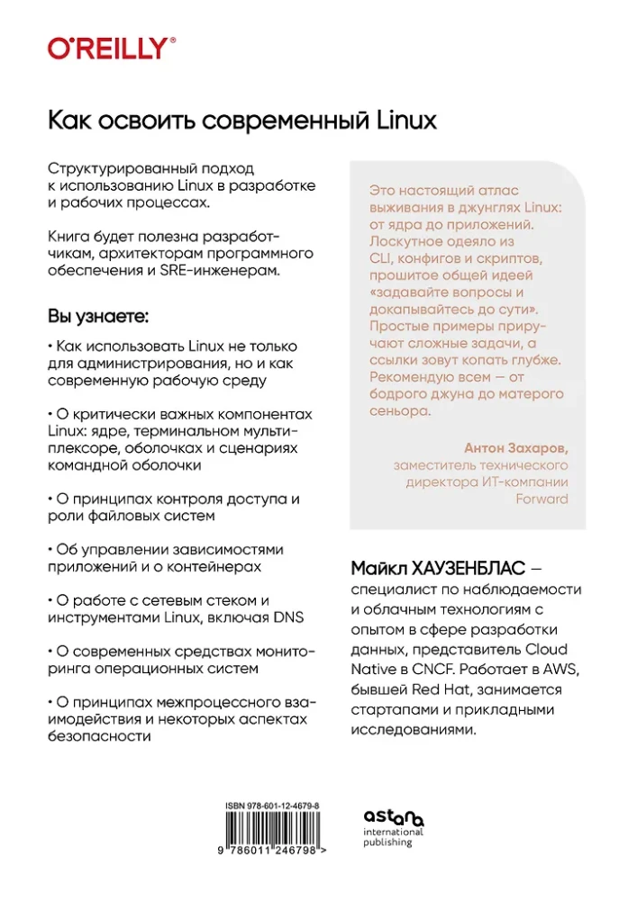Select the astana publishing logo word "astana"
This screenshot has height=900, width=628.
pos(394,817)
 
